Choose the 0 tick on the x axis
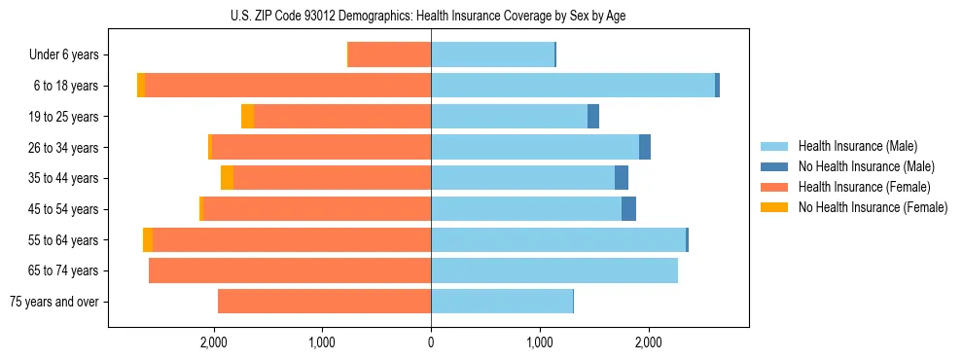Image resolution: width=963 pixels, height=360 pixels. coord(431,342)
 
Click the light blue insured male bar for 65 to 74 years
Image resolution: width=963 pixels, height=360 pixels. coord(554,270)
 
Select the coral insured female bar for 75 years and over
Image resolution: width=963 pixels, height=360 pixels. coord(324,302)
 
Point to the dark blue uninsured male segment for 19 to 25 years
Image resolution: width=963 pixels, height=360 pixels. coord(593,117)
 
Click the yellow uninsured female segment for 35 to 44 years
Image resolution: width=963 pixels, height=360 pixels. coord(227,178)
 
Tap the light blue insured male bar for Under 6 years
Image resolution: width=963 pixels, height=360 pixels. coord(492,55)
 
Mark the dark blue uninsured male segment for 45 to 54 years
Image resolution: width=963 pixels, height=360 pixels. coord(628,209)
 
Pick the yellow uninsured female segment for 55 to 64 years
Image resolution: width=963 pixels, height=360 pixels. coord(148,240)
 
